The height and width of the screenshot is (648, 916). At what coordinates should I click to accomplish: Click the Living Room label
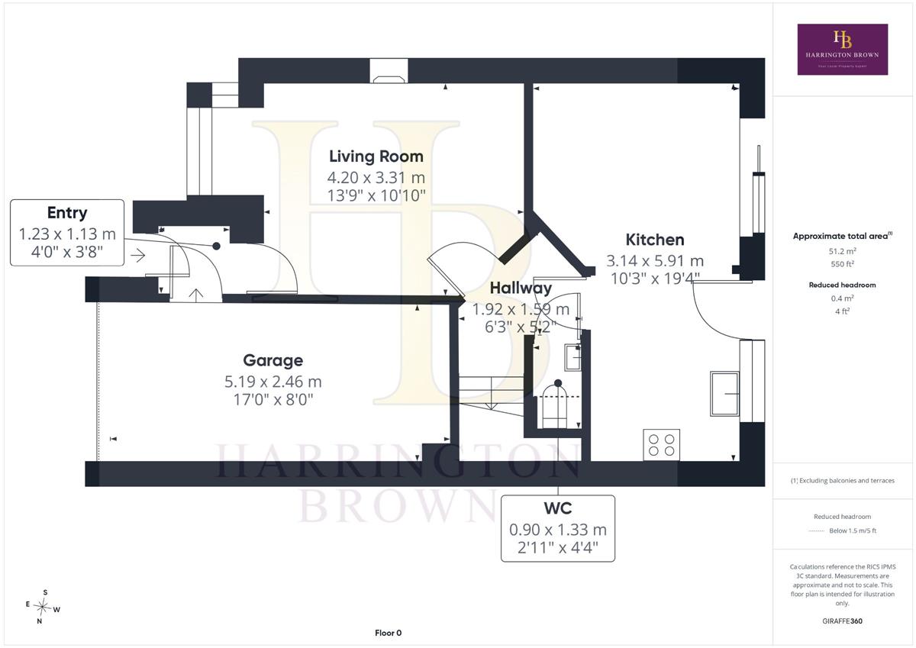pyautogui.click(x=376, y=156)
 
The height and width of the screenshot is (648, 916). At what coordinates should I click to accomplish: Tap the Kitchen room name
pyautogui.click(x=655, y=240)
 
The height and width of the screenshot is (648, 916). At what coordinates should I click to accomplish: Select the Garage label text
pyautogui.click(x=273, y=360)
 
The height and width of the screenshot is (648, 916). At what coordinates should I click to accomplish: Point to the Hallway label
pyautogui.click(x=521, y=289)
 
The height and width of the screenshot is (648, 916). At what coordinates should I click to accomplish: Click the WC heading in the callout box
pyautogui.click(x=558, y=508)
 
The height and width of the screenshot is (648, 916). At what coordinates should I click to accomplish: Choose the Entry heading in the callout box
pyautogui.click(x=67, y=213)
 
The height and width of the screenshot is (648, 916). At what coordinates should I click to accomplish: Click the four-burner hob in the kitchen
pyautogui.click(x=661, y=445)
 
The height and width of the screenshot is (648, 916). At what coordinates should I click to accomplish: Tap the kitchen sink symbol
pyautogui.click(x=724, y=394)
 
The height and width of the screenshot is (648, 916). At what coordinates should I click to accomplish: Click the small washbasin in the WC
pyautogui.click(x=572, y=357)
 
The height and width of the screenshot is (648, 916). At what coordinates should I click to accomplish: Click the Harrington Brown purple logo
pyautogui.click(x=843, y=50)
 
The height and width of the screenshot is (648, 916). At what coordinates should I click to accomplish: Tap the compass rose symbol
pyautogui.click(x=43, y=607)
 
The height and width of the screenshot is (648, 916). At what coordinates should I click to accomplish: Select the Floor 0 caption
pyautogui.click(x=388, y=633)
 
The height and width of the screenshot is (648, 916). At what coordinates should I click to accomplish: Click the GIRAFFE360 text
pyautogui.click(x=842, y=621)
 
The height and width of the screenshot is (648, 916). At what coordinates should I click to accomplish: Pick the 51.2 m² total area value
pyautogui.click(x=843, y=251)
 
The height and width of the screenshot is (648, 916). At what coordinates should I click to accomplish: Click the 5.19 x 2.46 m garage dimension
pyautogui.click(x=273, y=382)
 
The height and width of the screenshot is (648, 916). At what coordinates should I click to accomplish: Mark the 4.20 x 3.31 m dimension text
pyautogui.click(x=376, y=178)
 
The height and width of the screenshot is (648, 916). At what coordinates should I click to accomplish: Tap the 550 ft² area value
pyautogui.click(x=843, y=264)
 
